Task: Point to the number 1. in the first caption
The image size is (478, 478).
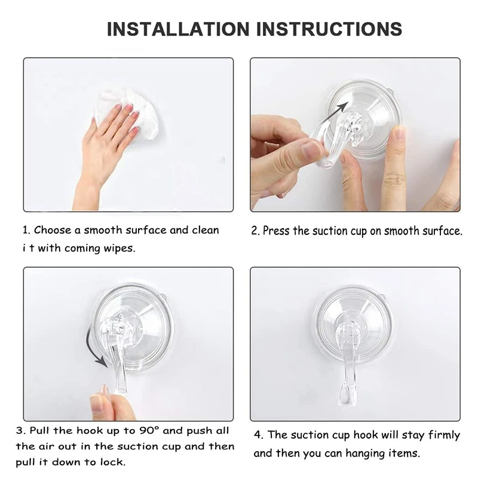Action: click(26, 230)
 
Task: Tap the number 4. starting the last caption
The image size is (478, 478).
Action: click(259, 435)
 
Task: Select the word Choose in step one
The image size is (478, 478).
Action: click(53, 230)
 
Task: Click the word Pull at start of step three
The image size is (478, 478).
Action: click(39, 431)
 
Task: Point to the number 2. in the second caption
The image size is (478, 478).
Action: click(256, 231)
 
